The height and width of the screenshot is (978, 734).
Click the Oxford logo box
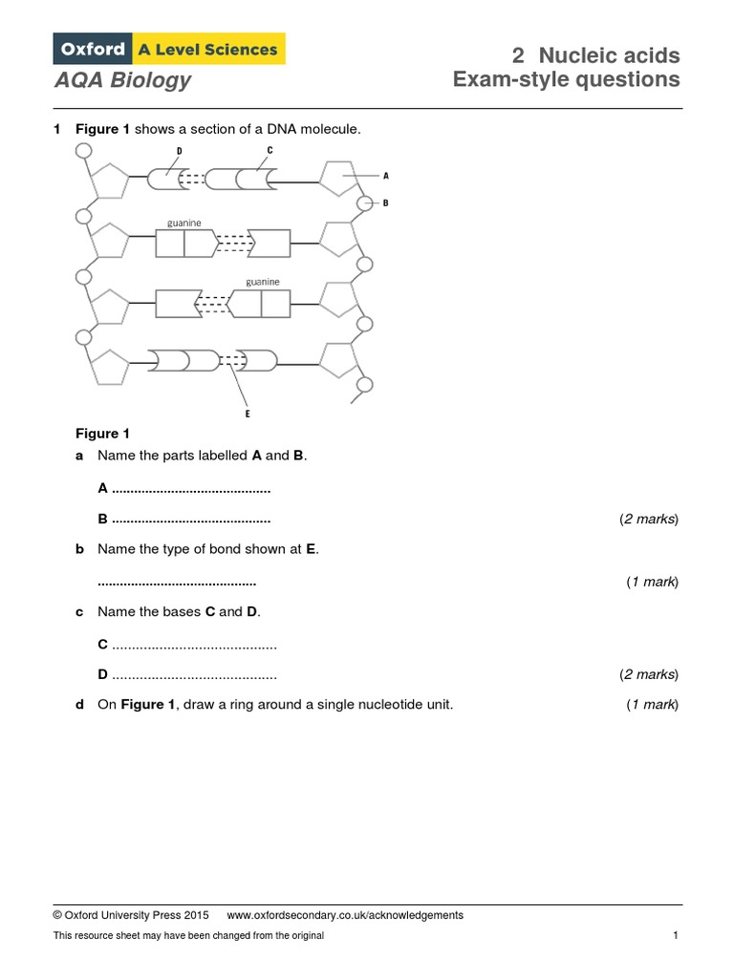click(x=92, y=49)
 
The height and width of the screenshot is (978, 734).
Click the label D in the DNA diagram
click(x=179, y=151)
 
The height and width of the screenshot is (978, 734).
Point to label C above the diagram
click(x=270, y=151)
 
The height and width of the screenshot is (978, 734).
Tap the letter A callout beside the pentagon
click(x=386, y=176)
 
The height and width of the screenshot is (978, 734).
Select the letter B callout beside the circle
click(x=386, y=202)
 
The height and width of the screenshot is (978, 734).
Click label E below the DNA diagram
click(x=247, y=414)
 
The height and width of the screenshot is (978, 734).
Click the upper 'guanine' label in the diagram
click(x=183, y=223)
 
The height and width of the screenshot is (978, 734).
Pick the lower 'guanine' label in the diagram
click(x=263, y=282)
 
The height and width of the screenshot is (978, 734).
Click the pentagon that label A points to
click(x=337, y=178)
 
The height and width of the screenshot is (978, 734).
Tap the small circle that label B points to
click(x=364, y=202)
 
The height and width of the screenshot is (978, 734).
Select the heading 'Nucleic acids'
click(x=609, y=54)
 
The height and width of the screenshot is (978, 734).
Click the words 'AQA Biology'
click(x=122, y=80)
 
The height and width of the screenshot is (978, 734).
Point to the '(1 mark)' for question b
click(x=652, y=582)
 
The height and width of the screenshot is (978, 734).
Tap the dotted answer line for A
click(x=191, y=489)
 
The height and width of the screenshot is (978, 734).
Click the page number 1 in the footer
click(x=676, y=936)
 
